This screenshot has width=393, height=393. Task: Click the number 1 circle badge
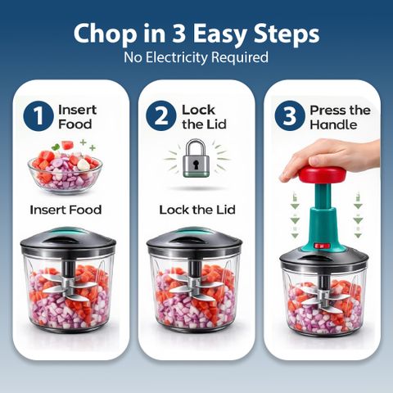38,116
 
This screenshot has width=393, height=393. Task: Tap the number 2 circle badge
161,115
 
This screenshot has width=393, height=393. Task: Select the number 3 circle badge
290,115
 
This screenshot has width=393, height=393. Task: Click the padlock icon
196,158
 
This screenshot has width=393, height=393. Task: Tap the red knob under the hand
322,174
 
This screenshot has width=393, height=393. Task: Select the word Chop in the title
105,34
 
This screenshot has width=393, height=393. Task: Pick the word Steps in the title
287,34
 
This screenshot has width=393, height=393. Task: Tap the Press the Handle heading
340,117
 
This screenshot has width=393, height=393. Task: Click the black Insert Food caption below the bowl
65,210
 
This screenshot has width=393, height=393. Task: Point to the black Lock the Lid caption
197,210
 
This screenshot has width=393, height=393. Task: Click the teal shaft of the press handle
323,215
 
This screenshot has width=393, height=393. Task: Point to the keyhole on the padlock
196,165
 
